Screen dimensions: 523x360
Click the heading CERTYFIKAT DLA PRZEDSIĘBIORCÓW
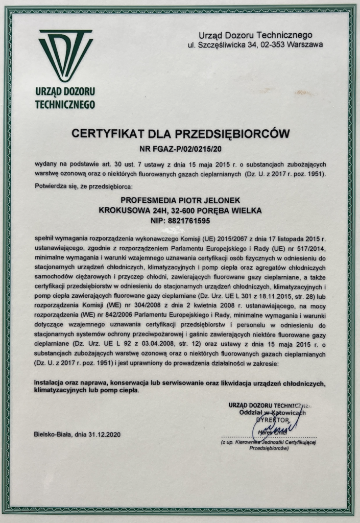click(180, 134)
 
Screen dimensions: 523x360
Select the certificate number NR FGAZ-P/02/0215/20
click(180, 150)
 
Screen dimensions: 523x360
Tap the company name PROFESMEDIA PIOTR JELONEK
click(180, 200)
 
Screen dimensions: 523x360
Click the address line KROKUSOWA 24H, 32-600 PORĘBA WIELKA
click(180, 210)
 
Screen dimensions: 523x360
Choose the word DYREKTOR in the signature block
click(274, 419)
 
